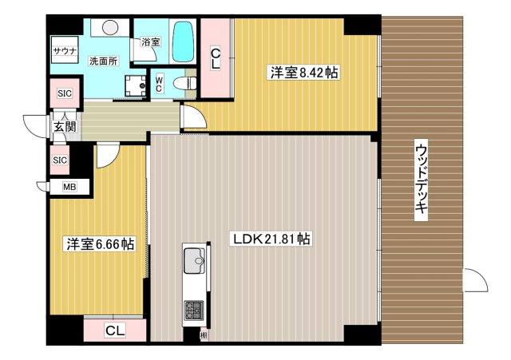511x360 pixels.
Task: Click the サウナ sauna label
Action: (65, 51)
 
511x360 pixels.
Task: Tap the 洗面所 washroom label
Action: (103, 61)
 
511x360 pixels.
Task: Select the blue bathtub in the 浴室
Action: (183, 42)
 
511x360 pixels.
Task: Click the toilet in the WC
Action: (184, 83)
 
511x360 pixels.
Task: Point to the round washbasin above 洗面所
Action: (110, 27)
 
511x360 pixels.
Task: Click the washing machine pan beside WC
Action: (136, 85)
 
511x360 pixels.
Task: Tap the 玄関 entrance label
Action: (65, 126)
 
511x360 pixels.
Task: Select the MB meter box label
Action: (69, 187)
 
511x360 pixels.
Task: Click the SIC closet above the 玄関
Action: (65, 93)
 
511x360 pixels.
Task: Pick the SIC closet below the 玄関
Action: (60, 160)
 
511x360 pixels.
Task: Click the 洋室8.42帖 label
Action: (304, 73)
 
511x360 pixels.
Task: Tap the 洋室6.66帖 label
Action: (101, 243)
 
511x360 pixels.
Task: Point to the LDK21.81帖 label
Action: (271, 239)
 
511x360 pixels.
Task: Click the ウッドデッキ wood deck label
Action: (421, 180)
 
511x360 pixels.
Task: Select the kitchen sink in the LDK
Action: (195, 261)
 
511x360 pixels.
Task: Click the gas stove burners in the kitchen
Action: (194, 310)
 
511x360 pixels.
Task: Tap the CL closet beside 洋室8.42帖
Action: (216, 58)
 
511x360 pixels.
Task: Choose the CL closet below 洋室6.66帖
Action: (115, 330)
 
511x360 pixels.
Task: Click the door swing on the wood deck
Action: (476, 280)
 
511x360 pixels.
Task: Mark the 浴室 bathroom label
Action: (151, 42)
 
